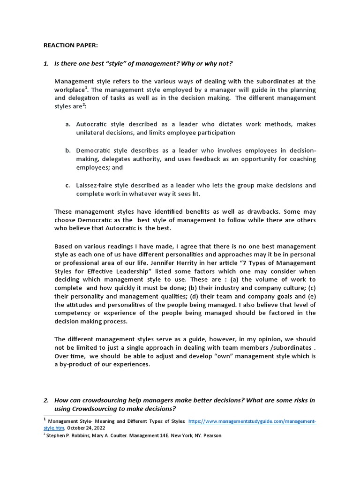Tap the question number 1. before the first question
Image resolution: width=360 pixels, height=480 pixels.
[x=46, y=63]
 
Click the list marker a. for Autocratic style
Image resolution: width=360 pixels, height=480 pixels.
[x=68, y=124]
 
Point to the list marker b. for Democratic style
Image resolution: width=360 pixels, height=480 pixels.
[x=68, y=150]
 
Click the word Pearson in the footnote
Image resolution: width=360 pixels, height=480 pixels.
[x=211, y=435]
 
